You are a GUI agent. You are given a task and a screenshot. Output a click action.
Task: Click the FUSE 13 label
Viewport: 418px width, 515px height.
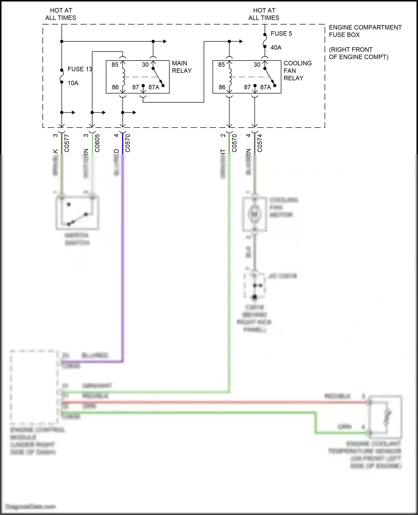[x=80, y=69]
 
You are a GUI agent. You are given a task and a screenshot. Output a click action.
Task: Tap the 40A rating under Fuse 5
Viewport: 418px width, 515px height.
[x=276, y=47]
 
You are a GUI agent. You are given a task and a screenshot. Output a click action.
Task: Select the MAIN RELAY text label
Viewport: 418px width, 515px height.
[x=182, y=67]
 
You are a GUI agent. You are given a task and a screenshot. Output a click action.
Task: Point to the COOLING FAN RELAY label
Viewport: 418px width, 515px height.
[x=297, y=71]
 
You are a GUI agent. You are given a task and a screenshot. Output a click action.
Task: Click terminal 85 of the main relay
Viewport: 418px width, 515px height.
[x=115, y=65]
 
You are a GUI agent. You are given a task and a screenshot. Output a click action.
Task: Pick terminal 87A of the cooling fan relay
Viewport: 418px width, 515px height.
[x=266, y=87]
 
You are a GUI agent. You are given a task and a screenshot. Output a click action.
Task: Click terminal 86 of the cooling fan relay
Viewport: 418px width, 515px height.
[x=222, y=87]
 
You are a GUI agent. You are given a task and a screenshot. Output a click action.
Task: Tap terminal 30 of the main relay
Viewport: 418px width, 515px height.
[x=145, y=65]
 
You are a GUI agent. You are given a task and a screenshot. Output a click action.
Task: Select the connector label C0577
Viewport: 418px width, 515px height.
[x=67, y=143]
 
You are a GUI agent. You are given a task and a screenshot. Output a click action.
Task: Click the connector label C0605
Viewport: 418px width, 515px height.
[x=97, y=143]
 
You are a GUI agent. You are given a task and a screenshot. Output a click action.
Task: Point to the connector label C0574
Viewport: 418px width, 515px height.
[x=260, y=143]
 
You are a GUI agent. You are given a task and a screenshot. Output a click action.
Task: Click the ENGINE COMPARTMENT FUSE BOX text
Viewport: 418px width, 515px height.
[x=365, y=31]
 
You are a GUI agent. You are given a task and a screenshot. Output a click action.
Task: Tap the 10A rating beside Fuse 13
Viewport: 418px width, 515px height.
[x=73, y=83]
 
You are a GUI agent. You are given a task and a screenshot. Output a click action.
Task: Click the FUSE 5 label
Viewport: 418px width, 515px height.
[x=281, y=33]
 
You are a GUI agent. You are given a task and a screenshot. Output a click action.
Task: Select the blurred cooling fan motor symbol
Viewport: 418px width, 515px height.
[x=254, y=214]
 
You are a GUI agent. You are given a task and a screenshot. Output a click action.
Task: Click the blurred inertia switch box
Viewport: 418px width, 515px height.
[x=77, y=213]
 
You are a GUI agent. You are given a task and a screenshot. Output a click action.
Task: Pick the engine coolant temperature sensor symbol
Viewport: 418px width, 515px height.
[x=385, y=417]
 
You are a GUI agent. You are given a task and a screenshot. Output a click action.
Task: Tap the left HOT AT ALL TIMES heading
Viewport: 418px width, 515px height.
[x=61, y=14]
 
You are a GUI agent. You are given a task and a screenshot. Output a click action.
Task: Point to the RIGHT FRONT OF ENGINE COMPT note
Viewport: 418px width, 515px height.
[x=358, y=53]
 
